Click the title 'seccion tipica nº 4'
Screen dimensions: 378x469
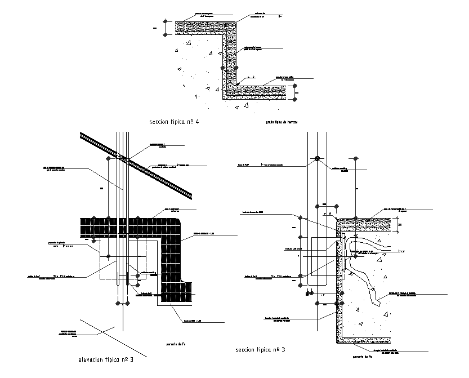tap(174, 122)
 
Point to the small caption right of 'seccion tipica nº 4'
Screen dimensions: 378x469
tap(281, 122)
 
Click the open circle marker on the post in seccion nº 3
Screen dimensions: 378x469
tap(318, 158)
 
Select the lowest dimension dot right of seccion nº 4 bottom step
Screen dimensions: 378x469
tap(294, 100)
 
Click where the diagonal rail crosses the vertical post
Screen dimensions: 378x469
tap(123, 157)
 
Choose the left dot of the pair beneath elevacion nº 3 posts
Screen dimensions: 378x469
tap(118, 304)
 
